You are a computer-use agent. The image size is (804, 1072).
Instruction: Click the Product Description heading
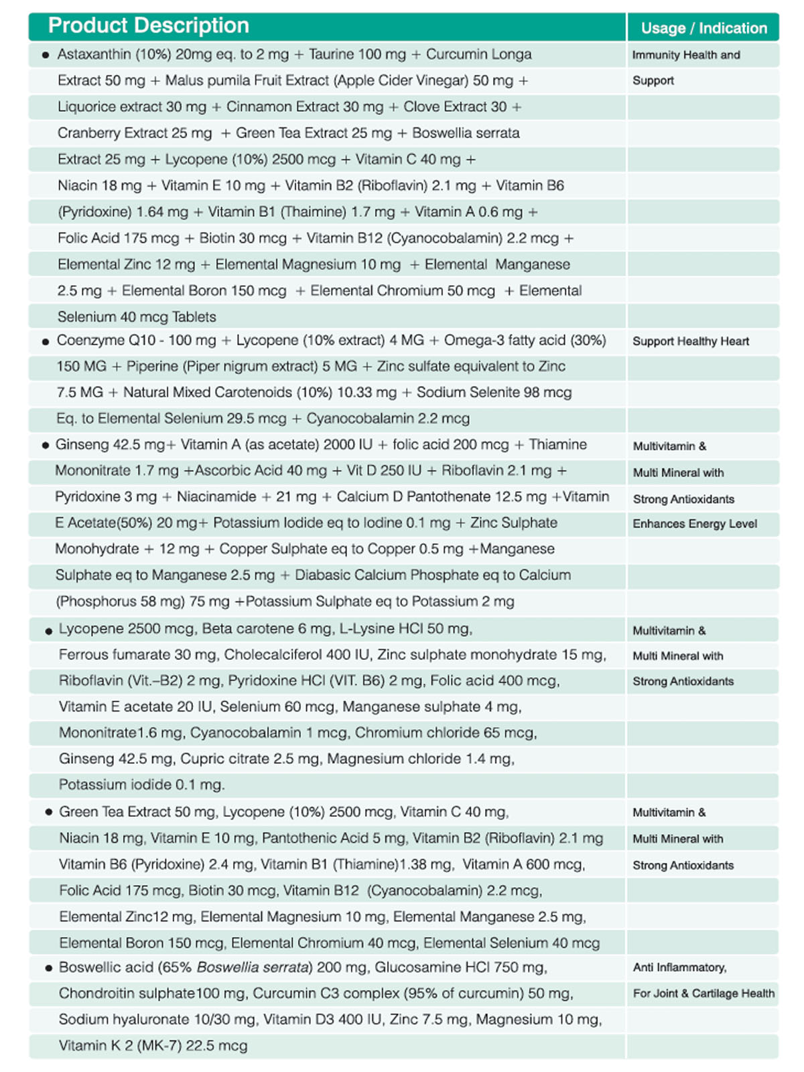[x=148, y=25]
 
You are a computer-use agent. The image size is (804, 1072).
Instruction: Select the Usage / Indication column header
[x=703, y=28]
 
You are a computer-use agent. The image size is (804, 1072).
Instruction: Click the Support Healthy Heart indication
[x=691, y=341]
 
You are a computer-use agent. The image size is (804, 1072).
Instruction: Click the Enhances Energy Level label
[x=695, y=524]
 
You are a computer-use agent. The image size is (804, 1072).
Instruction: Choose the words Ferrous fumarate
[x=124, y=655]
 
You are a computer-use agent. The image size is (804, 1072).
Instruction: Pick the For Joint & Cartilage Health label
[x=703, y=994]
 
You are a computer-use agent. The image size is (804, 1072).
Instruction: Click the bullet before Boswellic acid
[x=48, y=968]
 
